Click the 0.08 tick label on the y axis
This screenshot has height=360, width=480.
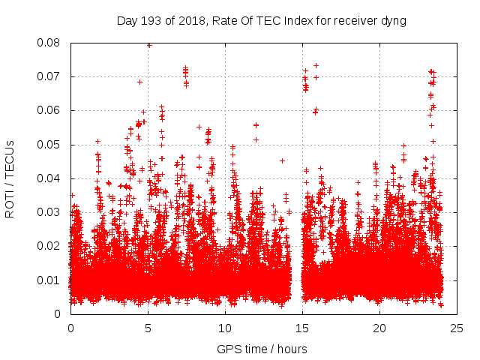tap(50, 43)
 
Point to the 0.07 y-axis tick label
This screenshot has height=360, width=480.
tap(50, 76)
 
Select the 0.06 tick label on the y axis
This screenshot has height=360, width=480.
tap(50, 110)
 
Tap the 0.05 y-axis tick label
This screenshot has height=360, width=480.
tap(50, 144)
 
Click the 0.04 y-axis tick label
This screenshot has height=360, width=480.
tap(50, 178)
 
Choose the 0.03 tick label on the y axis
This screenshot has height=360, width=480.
tap(50, 212)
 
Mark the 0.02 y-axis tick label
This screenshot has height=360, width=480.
tap(50, 246)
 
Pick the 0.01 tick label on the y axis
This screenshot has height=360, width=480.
tap(50, 280)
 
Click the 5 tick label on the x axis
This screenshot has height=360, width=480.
tap(148, 328)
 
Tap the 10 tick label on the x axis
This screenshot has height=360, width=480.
tap(225, 328)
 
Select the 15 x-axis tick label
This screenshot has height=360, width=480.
tap(302, 328)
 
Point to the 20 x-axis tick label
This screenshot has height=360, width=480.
tap(380, 328)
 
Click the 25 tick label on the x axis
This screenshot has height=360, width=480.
tap(457, 328)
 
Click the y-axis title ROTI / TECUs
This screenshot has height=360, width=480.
tap(10, 178)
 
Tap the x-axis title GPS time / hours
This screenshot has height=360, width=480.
tap(262, 349)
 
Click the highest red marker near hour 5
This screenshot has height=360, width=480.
tap(149, 45)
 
